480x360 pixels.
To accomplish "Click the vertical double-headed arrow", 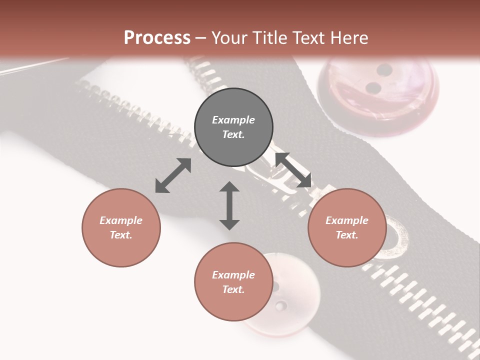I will click(x=229, y=205).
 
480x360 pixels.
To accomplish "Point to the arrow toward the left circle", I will click(x=173, y=175).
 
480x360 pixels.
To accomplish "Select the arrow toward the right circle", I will click(x=293, y=170).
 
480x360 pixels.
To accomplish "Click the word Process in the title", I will click(x=157, y=37).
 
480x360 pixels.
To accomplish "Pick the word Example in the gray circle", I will click(x=233, y=120).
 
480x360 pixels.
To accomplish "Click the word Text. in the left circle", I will click(x=121, y=235).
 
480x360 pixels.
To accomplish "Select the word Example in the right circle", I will click(x=347, y=220).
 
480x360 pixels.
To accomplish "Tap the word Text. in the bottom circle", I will click(x=233, y=289).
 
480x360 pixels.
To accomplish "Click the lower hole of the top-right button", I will click(x=373, y=88).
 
